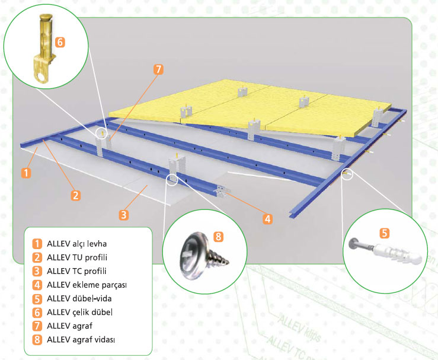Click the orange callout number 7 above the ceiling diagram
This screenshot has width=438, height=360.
tap(158, 69)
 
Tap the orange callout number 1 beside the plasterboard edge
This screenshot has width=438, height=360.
tap(26, 173)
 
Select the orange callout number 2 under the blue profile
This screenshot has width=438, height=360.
tap(75, 195)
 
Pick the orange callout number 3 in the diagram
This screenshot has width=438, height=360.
tap(124, 215)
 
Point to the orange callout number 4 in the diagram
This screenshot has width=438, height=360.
tap(268, 219)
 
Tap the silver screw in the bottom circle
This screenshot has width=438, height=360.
tap(205, 255)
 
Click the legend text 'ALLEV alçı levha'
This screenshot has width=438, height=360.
tap(77, 244)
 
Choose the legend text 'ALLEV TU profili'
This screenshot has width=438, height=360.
tap(77, 257)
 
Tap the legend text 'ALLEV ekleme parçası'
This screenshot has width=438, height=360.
tap(87, 285)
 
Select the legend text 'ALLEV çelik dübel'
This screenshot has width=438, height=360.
tap(80, 312)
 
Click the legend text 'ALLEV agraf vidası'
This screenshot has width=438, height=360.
tap(81, 340)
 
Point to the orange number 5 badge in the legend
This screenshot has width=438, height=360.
tap(37, 299)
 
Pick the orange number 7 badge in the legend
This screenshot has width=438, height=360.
tap(37, 326)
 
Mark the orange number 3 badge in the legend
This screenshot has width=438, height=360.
tap(37, 271)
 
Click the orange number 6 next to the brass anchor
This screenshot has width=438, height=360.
tap(60, 42)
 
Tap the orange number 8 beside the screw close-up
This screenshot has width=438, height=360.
tap(219, 237)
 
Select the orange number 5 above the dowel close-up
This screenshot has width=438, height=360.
tap(385, 233)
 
